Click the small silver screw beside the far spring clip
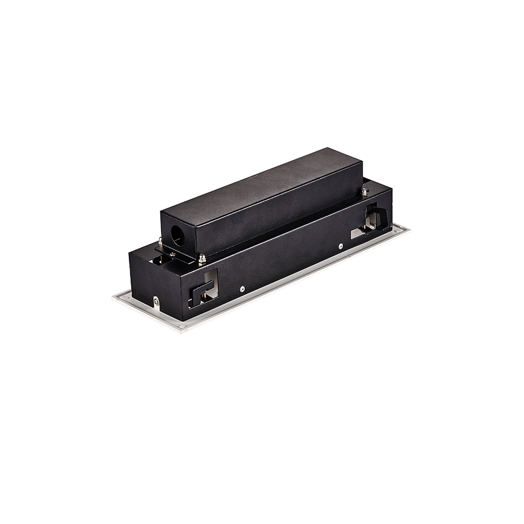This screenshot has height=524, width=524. click(341, 244)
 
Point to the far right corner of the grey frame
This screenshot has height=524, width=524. click(407, 227)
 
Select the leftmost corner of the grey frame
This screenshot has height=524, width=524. click(114, 298)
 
